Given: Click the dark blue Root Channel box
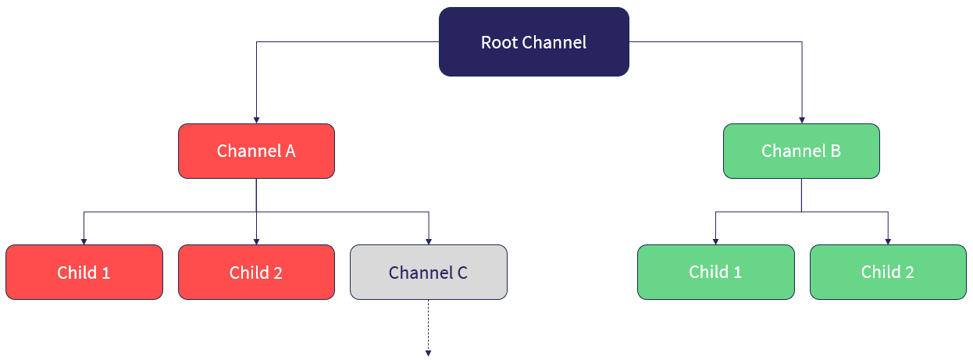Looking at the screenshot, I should tap(533, 42).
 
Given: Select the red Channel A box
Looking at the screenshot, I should tap(256, 151).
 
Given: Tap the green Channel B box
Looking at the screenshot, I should tap(801, 151).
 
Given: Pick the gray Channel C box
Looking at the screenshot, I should tap(428, 273).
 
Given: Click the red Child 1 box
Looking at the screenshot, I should tap(84, 273).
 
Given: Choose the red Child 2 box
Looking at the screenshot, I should tap(256, 273).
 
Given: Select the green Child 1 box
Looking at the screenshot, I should tap(715, 273).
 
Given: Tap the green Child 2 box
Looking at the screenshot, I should tap(888, 273).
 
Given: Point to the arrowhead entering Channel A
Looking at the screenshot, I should tap(256, 119).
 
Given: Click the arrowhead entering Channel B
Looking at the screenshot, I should tap(801, 119).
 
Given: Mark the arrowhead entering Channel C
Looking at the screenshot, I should tap(428, 241).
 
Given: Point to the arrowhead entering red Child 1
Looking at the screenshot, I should tap(84, 241).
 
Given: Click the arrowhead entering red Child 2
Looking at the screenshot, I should tap(256, 241).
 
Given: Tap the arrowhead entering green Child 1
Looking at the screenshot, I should tap(715, 241).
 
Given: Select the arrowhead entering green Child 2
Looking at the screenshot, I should tap(888, 241).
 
